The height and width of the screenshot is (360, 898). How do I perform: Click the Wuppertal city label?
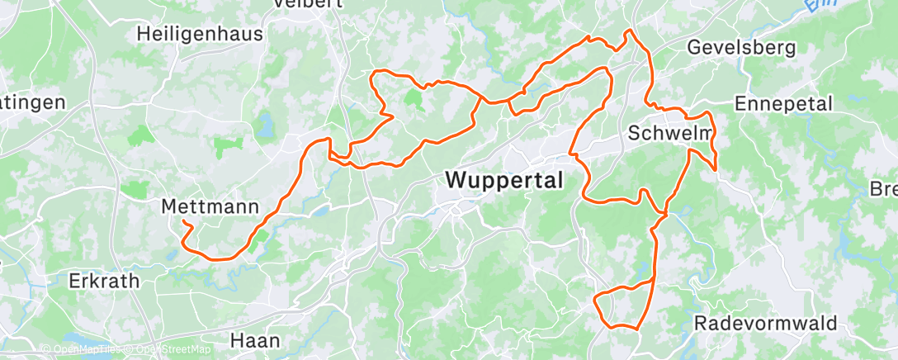click(503, 179)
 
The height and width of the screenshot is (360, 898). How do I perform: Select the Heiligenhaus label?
click(201, 34)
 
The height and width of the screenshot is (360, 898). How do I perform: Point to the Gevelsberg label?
click(741, 47)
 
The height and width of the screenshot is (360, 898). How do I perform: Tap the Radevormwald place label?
click(765, 322)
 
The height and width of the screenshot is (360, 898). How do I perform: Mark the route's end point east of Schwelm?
click(716, 170)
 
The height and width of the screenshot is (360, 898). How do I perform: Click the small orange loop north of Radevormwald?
click(625, 306)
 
